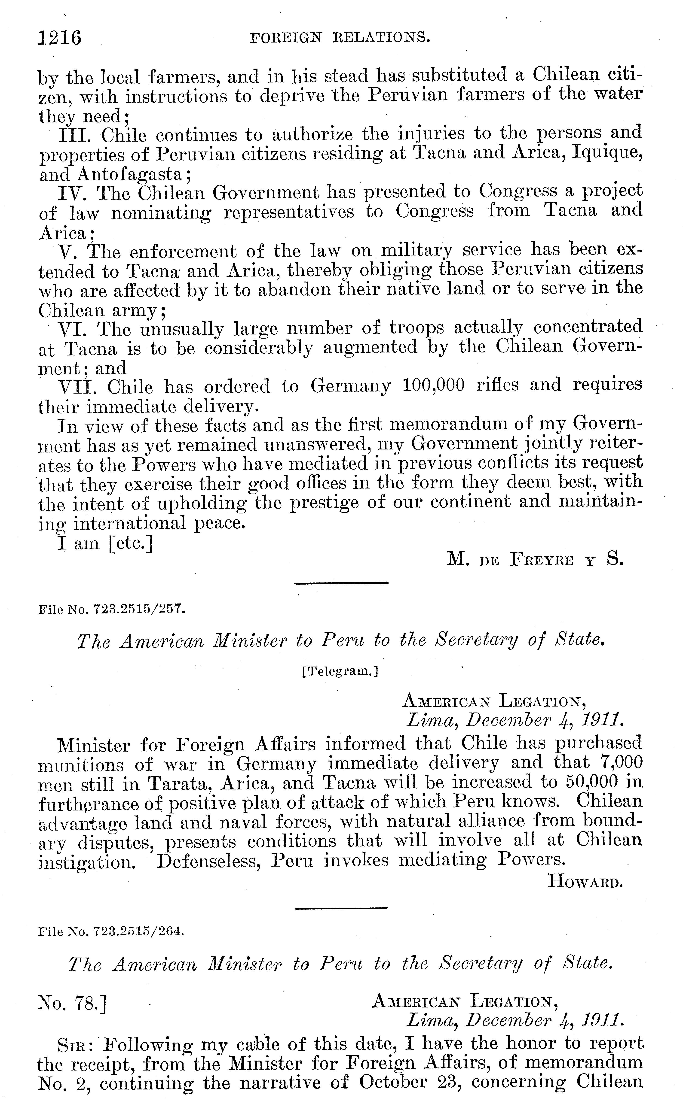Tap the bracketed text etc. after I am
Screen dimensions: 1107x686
pos(130,543)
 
